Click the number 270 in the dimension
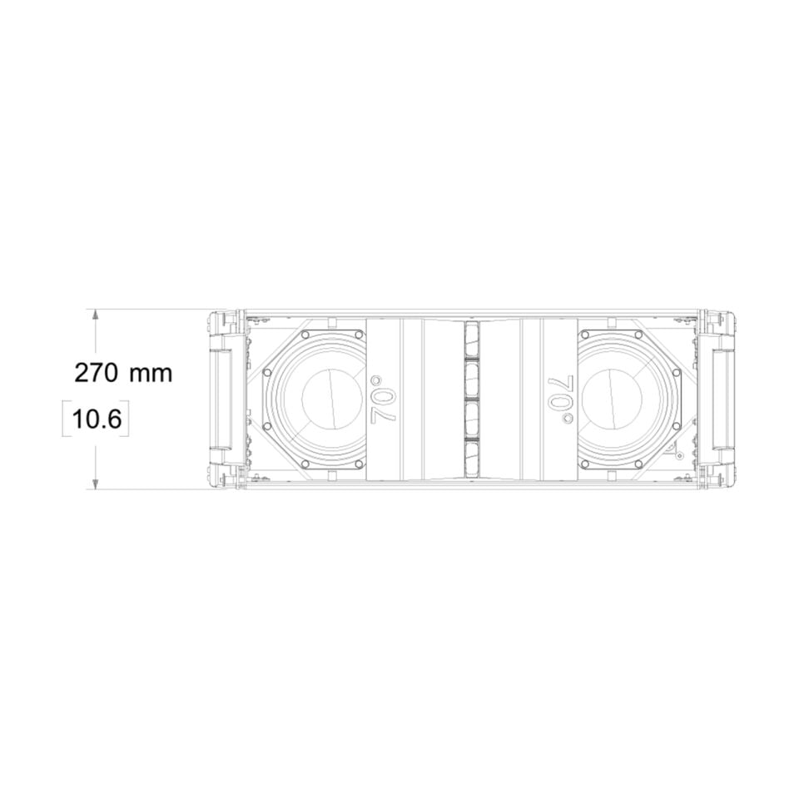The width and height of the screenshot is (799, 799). tap(97, 372)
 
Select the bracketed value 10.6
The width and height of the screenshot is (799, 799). tap(97, 419)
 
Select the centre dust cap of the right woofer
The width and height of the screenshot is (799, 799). tap(618, 398)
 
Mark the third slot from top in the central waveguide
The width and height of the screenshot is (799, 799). tap(471, 417)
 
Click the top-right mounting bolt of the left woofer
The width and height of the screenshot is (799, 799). tap(359, 335)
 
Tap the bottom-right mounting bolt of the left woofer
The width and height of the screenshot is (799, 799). tap(359, 463)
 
